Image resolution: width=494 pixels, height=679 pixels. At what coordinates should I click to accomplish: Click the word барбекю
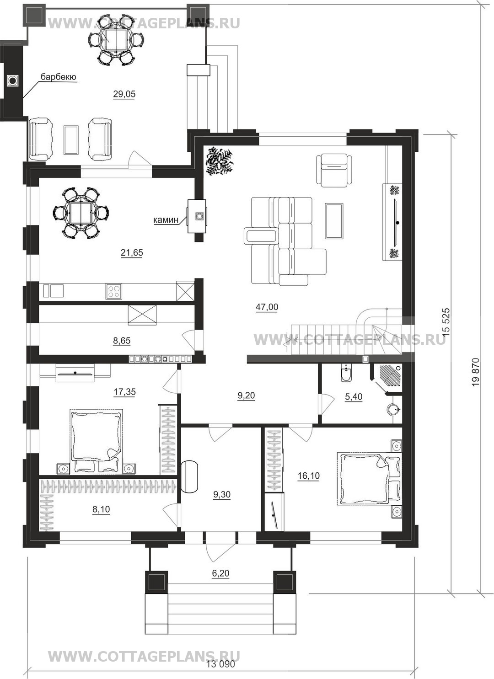(59, 77)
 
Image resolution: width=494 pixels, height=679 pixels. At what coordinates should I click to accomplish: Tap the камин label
(166, 220)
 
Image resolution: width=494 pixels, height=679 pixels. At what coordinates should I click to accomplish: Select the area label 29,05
(124, 94)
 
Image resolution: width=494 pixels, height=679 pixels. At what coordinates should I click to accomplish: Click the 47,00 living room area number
(267, 307)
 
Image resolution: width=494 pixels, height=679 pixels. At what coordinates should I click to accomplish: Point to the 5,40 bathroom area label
(354, 396)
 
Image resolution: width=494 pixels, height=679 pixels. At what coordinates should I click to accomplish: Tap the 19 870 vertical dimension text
(476, 372)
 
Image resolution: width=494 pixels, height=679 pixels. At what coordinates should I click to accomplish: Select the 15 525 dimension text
(446, 322)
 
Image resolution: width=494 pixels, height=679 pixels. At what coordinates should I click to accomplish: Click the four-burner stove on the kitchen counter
(114, 291)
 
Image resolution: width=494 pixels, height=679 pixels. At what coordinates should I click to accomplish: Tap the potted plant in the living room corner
(220, 161)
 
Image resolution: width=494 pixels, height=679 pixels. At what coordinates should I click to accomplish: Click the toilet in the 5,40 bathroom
(345, 373)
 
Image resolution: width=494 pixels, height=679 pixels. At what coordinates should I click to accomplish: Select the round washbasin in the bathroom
(394, 410)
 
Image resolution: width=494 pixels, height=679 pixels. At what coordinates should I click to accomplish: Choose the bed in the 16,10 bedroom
(370, 479)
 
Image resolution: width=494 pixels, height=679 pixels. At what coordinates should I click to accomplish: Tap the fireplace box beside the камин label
(197, 216)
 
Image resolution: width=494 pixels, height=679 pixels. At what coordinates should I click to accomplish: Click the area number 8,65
(122, 341)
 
